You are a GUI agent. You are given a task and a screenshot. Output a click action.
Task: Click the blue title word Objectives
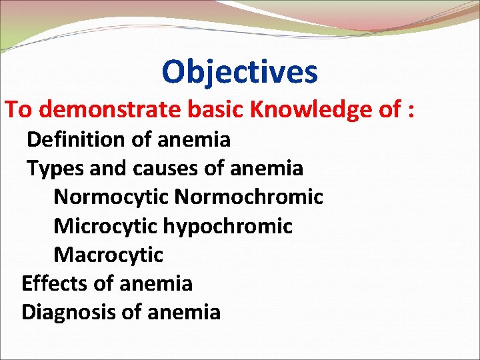point(239,72)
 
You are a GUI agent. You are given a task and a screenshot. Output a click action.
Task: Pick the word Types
point(55,169)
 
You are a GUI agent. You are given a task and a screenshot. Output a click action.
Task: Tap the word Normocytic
point(111,197)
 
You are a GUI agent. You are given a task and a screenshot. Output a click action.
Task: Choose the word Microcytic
point(105,226)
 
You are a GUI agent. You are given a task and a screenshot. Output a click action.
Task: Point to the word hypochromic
point(227,226)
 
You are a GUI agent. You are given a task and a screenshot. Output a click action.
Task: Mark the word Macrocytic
point(108,255)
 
